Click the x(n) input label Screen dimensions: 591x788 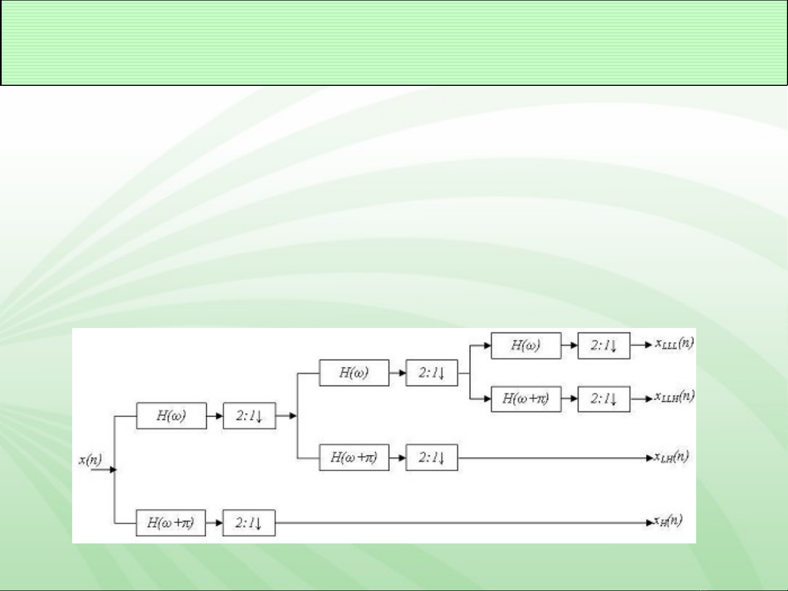coord(90,460)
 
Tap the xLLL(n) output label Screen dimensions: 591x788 coord(674,343)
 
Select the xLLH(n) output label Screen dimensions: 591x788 coord(674,396)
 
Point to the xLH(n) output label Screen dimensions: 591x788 coord(672,457)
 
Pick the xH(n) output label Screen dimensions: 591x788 coord(668,520)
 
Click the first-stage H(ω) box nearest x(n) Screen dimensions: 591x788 coord(171,416)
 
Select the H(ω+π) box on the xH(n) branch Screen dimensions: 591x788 coord(171,523)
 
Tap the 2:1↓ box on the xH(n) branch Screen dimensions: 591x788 coord(249,523)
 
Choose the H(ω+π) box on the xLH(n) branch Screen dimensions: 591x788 coord(354,458)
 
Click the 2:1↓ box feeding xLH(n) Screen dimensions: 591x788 coord(431,458)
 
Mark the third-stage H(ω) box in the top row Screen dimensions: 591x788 coord(526,346)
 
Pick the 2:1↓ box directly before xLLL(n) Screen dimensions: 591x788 coord(604,346)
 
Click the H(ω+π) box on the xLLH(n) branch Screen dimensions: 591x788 coord(526,399)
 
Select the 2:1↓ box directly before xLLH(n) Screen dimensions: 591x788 coord(604,399)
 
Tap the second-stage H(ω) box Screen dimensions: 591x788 coord(354,373)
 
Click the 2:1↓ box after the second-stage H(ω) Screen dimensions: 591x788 coord(431,373)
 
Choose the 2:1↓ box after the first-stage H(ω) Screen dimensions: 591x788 coord(249,416)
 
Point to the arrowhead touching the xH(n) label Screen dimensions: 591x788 coord(650,523)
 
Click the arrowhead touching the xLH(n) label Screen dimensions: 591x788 coord(650,458)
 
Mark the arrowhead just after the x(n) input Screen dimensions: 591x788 coord(113,470)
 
